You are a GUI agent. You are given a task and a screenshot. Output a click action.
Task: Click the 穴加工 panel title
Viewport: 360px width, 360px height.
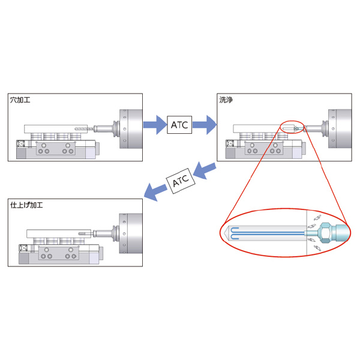[22, 100]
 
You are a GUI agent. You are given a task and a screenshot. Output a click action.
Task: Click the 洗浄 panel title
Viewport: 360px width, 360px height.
[227, 100]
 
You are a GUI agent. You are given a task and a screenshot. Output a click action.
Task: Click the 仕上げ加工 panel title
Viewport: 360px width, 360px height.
[28, 205]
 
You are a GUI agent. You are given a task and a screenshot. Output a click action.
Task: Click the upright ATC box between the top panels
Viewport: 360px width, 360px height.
[181, 125]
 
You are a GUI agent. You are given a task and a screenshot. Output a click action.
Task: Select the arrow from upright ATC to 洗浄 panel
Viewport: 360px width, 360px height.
[205, 125]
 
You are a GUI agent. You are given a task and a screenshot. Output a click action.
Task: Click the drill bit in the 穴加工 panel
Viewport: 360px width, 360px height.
[83, 128]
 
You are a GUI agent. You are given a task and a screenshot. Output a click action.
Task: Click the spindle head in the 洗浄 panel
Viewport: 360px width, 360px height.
[338, 127]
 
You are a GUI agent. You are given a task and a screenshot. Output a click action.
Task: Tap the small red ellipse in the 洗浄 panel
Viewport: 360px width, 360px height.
[292, 126]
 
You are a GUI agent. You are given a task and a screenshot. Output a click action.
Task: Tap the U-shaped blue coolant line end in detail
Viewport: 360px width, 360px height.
[235, 232]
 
